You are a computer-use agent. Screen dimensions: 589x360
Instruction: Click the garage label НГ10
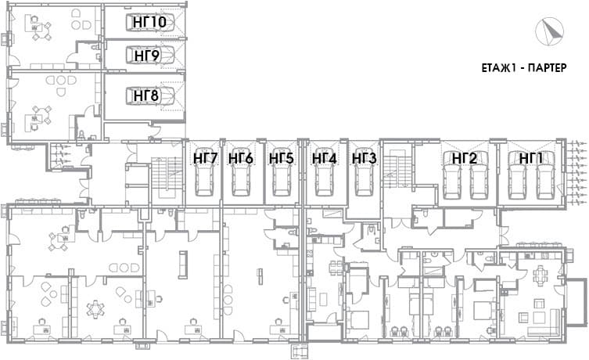coord(149,22)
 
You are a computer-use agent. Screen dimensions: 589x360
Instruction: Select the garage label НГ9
coord(147,56)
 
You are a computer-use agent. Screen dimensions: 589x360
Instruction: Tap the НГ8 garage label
coord(146,95)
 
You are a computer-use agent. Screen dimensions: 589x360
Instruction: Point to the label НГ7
coord(205,159)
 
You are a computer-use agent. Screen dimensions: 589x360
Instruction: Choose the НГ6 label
coord(241,159)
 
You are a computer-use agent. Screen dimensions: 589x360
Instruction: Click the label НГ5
coord(281,159)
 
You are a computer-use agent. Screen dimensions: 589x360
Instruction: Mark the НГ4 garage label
coord(324,159)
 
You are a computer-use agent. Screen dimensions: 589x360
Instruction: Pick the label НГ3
coord(364,159)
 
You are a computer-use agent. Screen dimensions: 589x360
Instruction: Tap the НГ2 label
coord(465,159)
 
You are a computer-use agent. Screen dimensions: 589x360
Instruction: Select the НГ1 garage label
coord(531,159)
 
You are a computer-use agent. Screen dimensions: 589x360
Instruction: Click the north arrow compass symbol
coord(550,32)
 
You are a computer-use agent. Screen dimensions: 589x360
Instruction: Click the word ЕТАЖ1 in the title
coord(502,68)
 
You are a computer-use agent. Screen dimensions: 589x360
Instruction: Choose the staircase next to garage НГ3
coord(397,167)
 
